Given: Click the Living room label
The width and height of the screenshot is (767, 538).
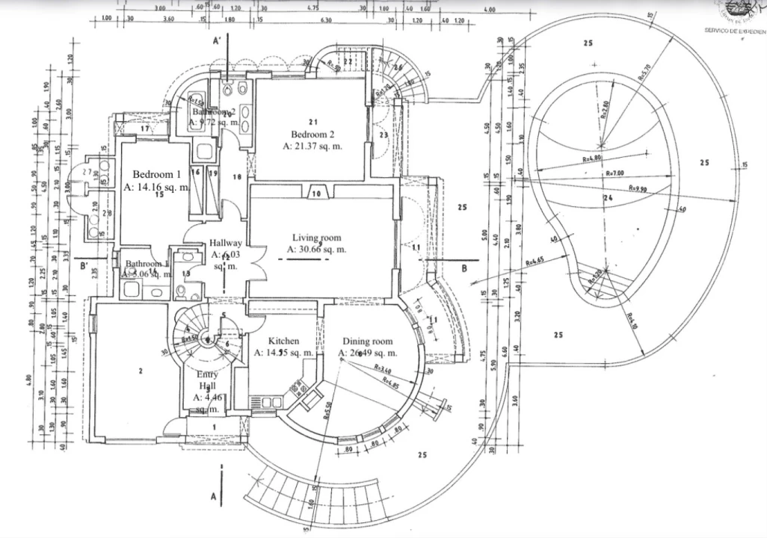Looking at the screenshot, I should (x=316, y=238).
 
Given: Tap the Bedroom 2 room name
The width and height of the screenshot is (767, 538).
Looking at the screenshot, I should (x=312, y=134).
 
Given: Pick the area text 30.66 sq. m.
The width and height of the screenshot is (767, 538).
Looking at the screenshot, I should (x=316, y=250).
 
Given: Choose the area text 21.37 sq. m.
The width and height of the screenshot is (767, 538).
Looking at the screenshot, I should (x=312, y=146).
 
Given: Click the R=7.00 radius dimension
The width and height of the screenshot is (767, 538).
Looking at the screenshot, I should (x=615, y=173).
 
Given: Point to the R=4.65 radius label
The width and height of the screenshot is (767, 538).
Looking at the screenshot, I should (x=534, y=262).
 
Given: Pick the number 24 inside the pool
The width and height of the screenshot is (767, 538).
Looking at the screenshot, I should (x=607, y=198).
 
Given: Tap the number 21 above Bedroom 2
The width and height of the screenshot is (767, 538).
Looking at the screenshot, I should (x=314, y=121).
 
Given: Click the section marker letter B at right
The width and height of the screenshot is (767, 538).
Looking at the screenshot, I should (x=464, y=267).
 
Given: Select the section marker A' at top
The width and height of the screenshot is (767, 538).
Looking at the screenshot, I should (x=215, y=42).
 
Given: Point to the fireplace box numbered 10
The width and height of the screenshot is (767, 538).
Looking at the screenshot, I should (x=315, y=194).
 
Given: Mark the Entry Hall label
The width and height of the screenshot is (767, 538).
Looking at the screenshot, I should (x=207, y=380).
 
